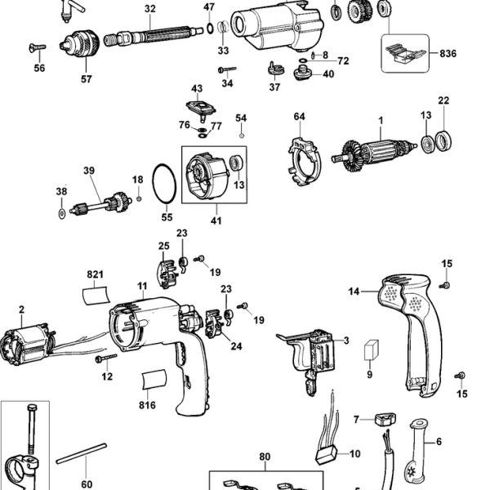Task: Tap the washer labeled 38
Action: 61,214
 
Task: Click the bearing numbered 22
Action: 444,140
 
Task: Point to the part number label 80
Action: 264,457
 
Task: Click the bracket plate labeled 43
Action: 196,107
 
